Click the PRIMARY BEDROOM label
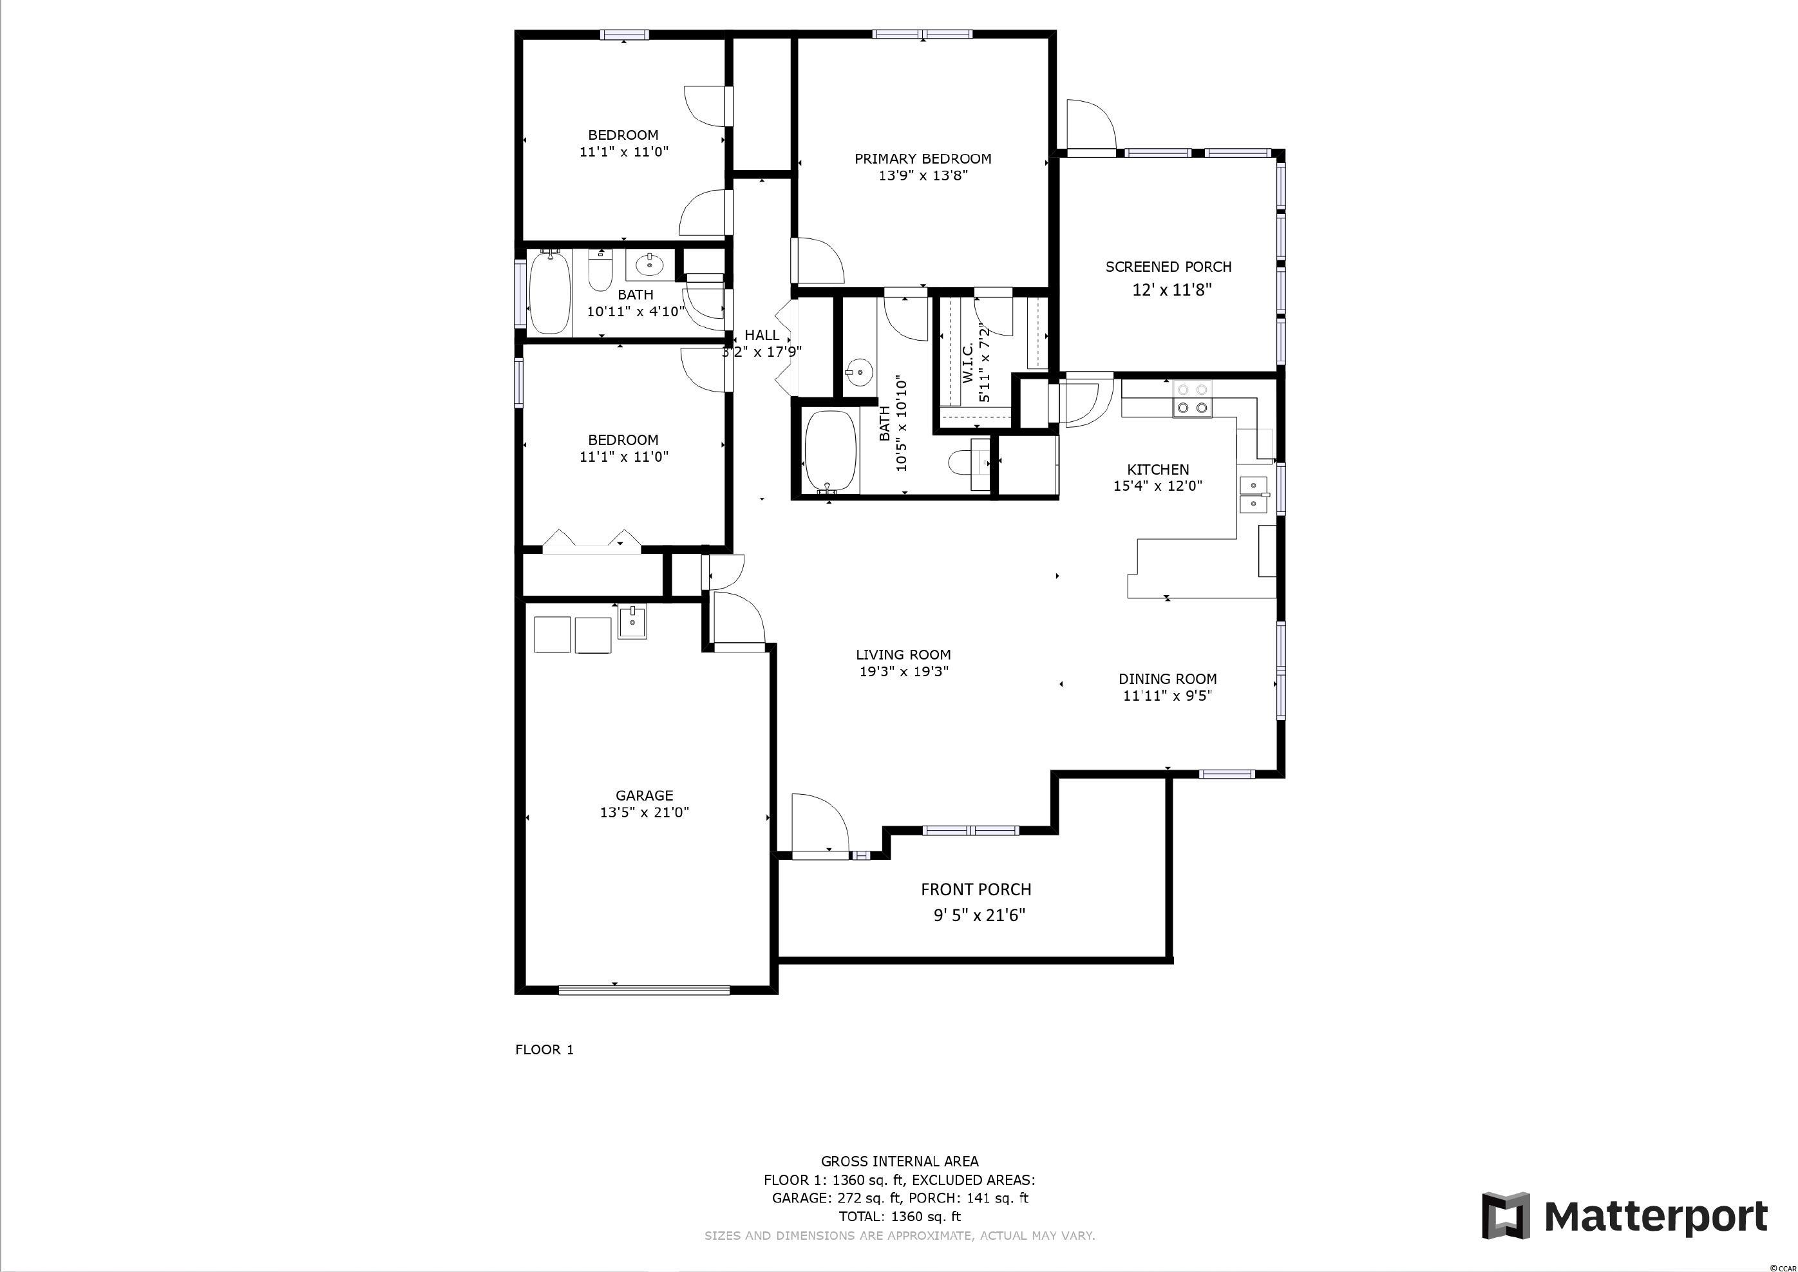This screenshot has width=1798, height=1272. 922,159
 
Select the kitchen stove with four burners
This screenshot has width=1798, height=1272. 1192,399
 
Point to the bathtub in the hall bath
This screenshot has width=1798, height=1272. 550,293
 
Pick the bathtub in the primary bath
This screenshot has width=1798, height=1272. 831,453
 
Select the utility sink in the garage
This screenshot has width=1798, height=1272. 632,623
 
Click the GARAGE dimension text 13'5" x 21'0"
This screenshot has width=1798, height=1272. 645,812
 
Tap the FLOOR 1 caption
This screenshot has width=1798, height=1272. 544,1050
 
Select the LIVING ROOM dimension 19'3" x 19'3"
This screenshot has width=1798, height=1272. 904,671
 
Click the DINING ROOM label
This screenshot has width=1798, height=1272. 1167,679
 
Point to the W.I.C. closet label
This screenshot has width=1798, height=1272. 968,363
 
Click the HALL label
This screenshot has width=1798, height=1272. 761,336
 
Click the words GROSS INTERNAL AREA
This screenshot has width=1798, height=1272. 899,1162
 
